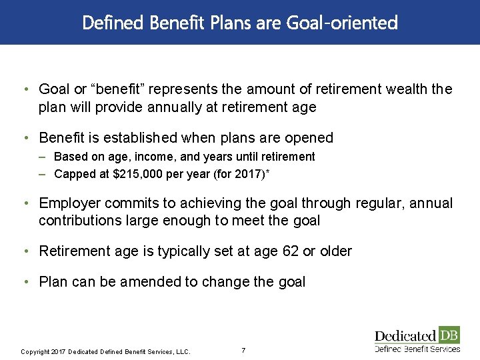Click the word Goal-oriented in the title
pos(342,23)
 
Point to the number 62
pos(289,251)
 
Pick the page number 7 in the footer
pos(243,351)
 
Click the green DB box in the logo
pos(449,335)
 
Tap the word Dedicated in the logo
pos(405,335)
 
